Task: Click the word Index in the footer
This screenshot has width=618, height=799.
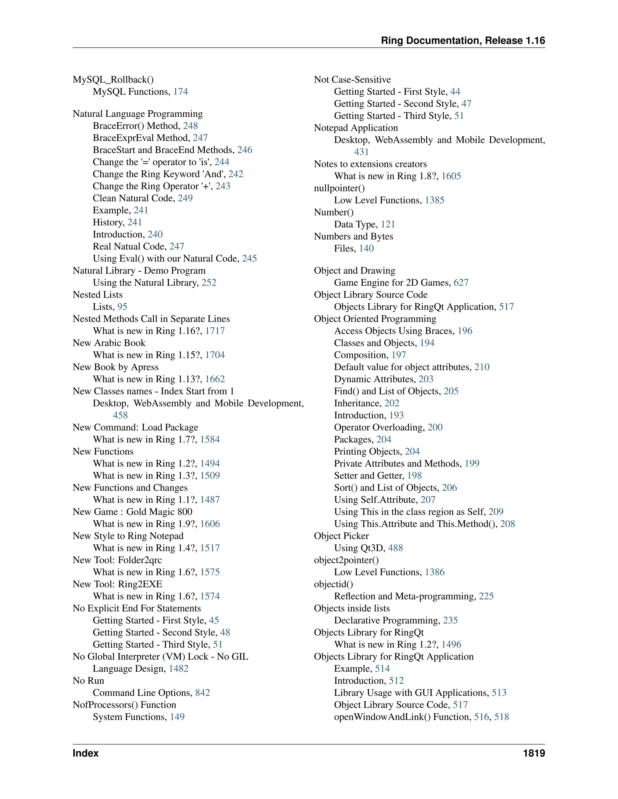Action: tap(85, 753)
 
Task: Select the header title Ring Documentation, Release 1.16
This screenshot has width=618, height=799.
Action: tap(463, 41)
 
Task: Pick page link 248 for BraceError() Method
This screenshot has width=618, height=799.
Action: tap(190, 126)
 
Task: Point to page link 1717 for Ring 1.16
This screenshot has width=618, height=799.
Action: tap(215, 331)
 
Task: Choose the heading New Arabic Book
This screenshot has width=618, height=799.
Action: tap(109, 343)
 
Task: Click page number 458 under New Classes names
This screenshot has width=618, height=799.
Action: tap(120, 415)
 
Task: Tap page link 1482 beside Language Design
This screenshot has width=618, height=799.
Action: tap(179, 668)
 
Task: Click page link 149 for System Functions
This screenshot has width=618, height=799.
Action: tap(177, 717)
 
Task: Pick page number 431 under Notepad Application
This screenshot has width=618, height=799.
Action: tap(361, 152)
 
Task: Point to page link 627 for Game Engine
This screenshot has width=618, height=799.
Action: tap(461, 283)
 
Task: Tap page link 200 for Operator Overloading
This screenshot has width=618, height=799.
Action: tap(435, 427)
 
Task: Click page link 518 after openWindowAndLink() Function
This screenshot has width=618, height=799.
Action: tap(502, 717)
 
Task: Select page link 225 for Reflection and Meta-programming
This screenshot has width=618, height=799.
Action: tap(486, 596)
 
